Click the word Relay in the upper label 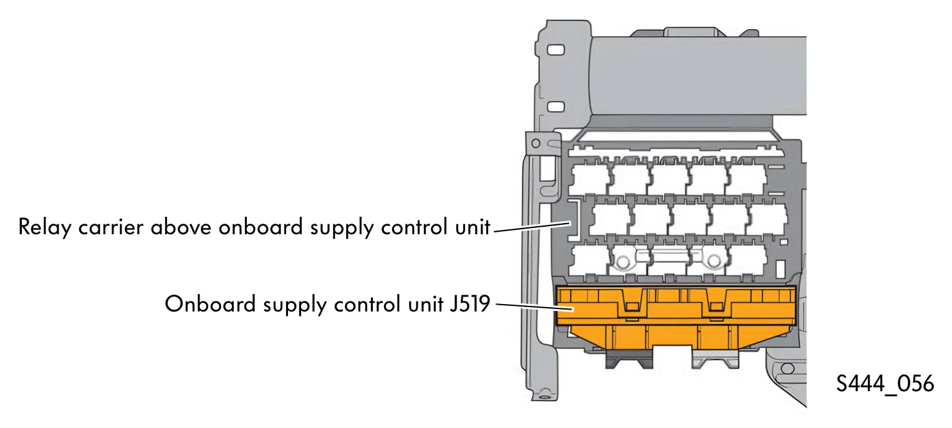coord(45,227)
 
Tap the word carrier coord(111,227)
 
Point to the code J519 coord(469,304)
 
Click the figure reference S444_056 coord(885,384)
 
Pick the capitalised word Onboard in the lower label coord(210,304)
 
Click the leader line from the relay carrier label coord(532,226)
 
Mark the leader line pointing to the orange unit coord(535,307)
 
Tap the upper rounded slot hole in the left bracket coord(555,50)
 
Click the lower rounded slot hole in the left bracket coord(555,107)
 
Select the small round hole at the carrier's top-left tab coord(536,143)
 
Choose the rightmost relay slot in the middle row coord(767,219)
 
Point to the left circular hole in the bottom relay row coord(623,262)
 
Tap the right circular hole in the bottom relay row coord(714,261)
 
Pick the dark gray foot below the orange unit coord(629,359)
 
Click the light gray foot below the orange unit coord(716,359)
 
